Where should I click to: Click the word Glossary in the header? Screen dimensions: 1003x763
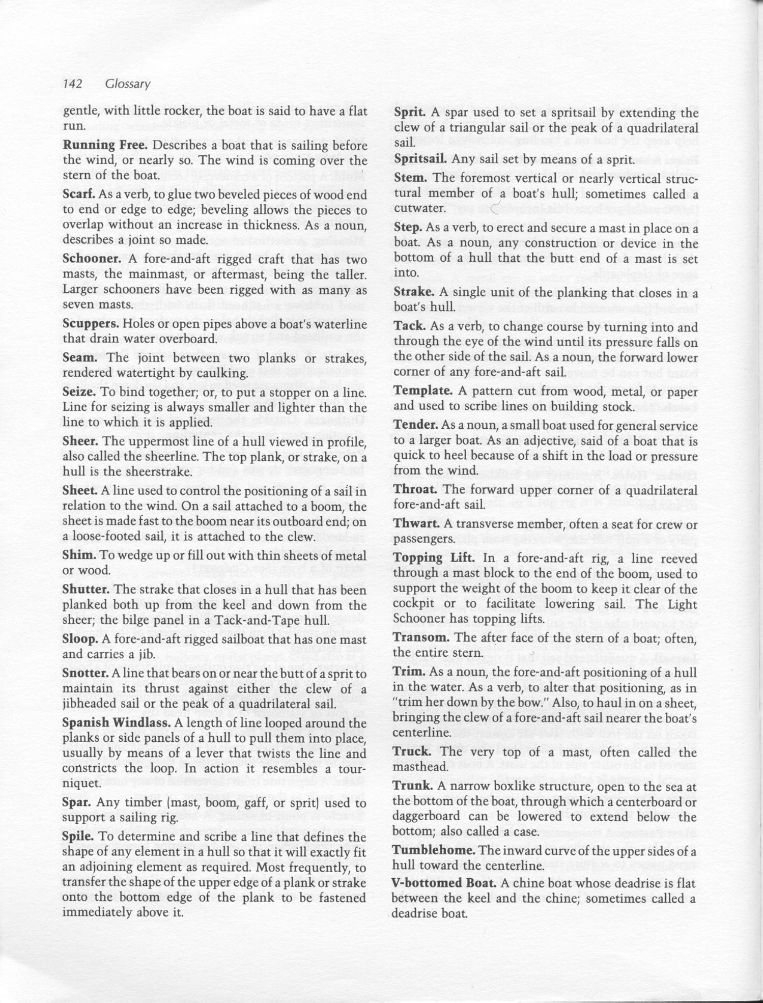point(127,84)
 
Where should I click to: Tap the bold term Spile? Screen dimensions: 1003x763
point(76,837)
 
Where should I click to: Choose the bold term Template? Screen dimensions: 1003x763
point(422,391)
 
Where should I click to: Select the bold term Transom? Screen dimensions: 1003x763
point(421,637)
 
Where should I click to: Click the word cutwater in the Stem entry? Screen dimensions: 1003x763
point(419,208)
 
